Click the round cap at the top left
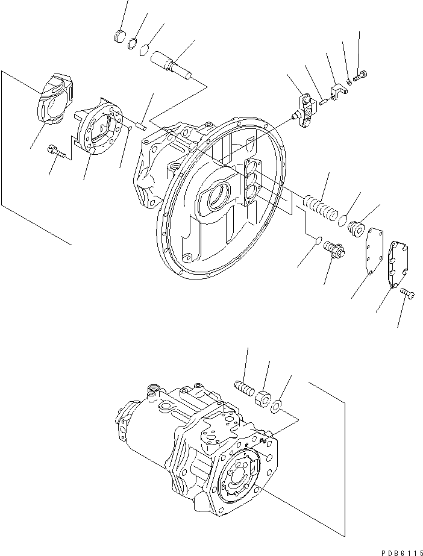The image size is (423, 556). (121, 37)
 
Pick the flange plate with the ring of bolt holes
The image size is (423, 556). (99, 130)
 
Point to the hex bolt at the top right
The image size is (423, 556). (362, 77)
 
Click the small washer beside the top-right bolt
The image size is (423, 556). (349, 81)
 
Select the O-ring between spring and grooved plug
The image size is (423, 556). (342, 221)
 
